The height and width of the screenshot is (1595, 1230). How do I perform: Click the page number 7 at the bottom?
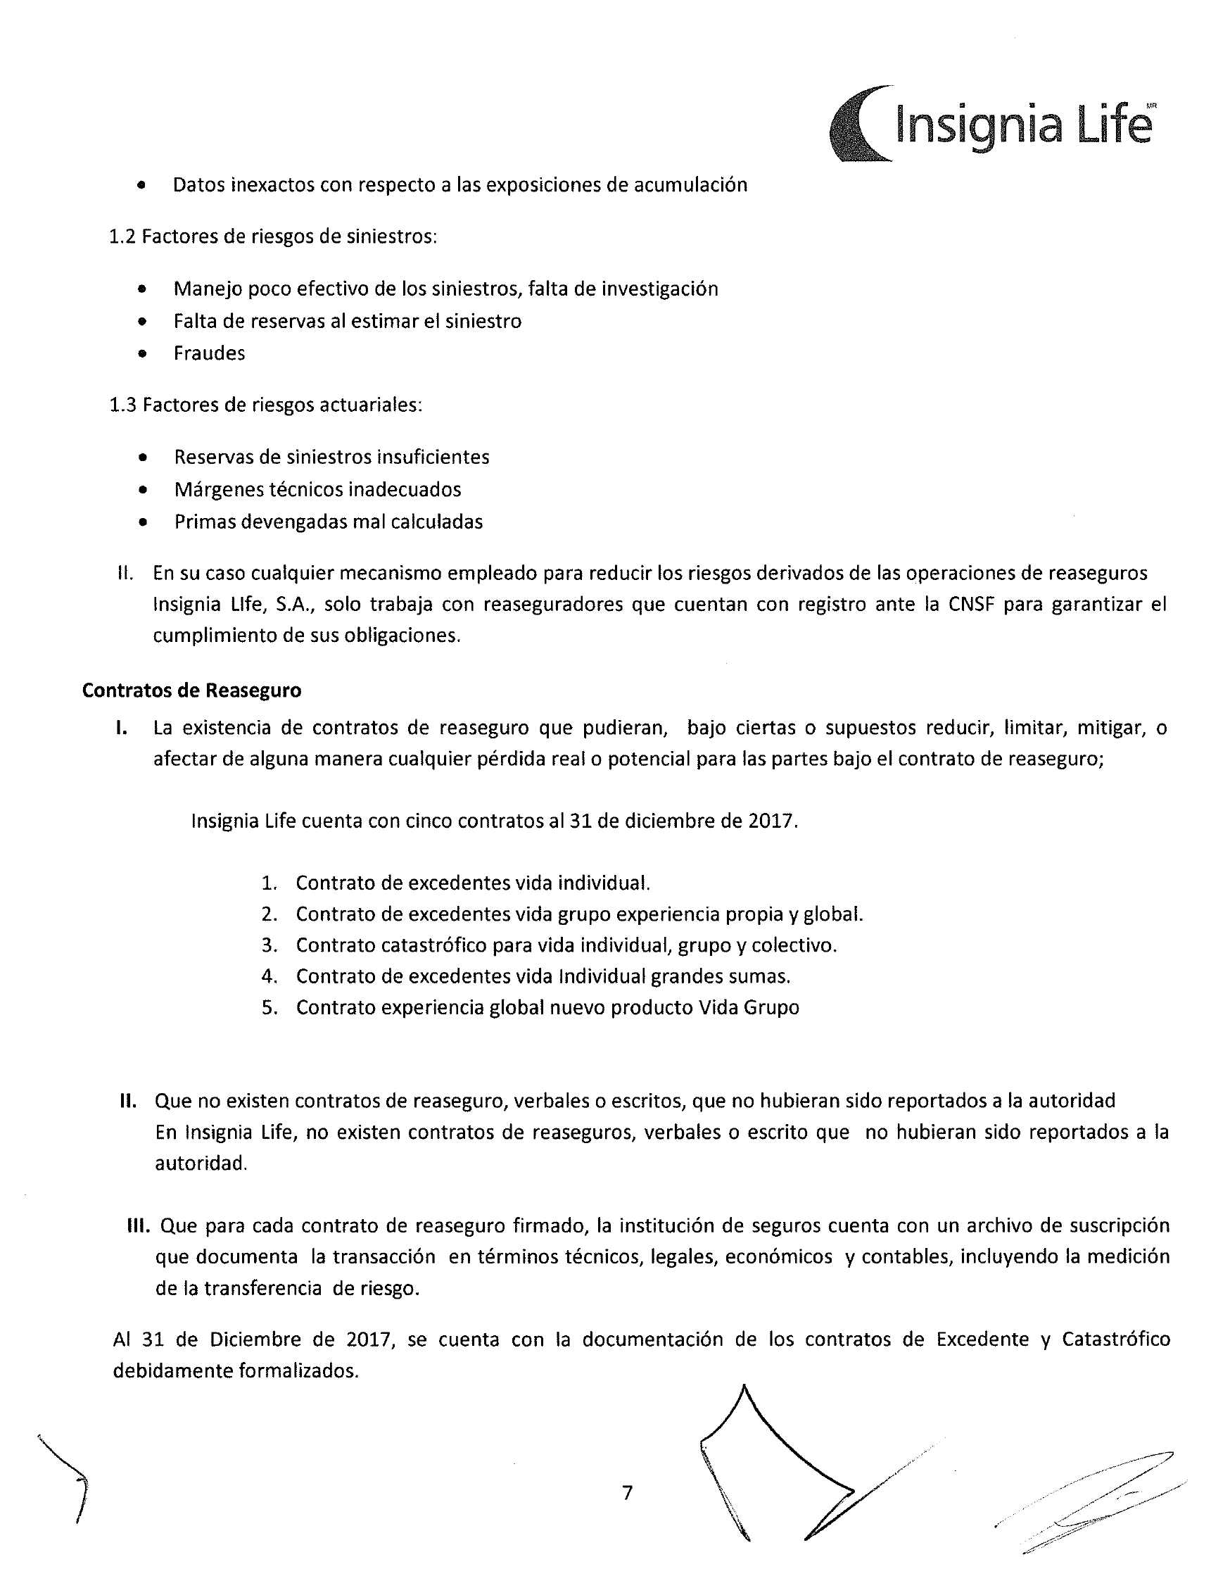[x=627, y=1493]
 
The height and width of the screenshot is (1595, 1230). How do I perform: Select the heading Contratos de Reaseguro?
[x=191, y=690]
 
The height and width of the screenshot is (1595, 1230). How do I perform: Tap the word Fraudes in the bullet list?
[x=209, y=353]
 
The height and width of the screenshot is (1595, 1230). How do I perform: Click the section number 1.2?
[x=122, y=237]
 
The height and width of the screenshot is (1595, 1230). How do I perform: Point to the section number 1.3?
[x=122, y=405]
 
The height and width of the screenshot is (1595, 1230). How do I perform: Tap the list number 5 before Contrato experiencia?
[x=270, y=1007]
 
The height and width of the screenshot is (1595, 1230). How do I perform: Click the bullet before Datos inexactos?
[x=141, y=186]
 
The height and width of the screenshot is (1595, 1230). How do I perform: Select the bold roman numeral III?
[x=138, y=1225]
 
